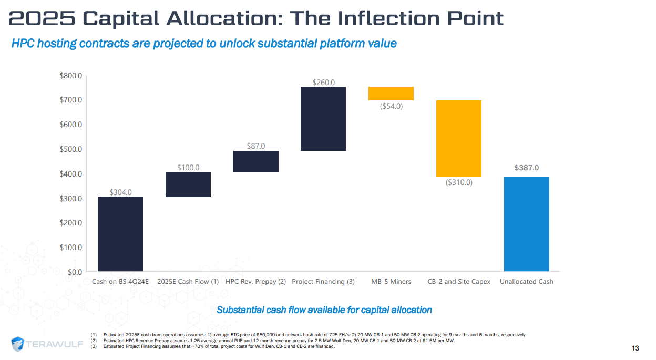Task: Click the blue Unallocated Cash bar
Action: [x=526, y=224]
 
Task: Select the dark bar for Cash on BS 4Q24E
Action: [x=120, y=234]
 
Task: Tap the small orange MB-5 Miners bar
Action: [x=391, y=94]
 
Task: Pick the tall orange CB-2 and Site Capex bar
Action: [x=458, y=138]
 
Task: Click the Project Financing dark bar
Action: [x=323, y=119]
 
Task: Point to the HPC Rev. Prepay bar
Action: [x=255, y=161]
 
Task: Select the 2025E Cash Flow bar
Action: [x=188, y=184]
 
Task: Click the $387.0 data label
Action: [x=526, y=168]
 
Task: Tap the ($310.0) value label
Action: [x=459, y=182]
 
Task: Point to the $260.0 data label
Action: [x=323, y=82]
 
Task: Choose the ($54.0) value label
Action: [x=391, y=106]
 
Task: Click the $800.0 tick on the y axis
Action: [x=71, y=76]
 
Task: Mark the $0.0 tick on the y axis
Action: [x=74, y=272]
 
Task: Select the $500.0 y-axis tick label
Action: [x=71, y=149]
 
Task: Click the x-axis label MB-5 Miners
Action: [x=391, y=282]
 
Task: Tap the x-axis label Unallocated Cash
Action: [x=526, y=282]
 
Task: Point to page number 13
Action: [x=635, y=348]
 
